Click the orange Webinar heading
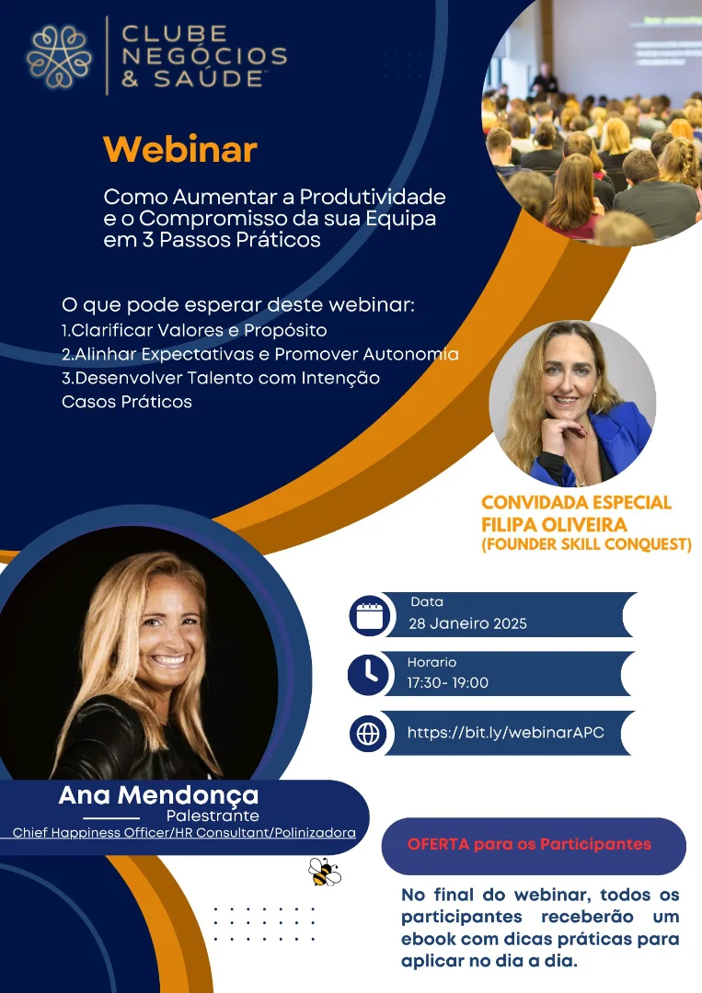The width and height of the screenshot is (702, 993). click(180, 150)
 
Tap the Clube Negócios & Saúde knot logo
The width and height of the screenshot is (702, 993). click(58, 56)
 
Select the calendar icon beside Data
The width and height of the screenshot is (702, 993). click(369, 615)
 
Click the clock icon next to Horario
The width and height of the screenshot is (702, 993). click(368, 674)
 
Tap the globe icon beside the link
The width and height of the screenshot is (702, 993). click(368, 734)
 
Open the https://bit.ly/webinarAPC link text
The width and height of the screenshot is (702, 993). click(506, 733)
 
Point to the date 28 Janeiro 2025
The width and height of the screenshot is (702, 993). click(467, 623)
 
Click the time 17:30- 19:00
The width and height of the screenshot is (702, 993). click(447, 682)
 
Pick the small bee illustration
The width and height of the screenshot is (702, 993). click(325, 872)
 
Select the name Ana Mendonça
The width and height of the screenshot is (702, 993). click(158, 794)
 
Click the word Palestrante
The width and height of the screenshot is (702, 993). click(213, 815)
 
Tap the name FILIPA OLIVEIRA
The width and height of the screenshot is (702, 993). click(555, 524)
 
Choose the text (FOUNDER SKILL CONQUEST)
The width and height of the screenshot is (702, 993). click(586, 544)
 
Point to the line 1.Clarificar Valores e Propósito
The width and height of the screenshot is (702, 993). click(194, 330)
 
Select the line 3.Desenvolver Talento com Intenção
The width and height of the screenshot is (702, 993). click(221, 378)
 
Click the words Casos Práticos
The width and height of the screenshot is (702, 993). click(127, 402)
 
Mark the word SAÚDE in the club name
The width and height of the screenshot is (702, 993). click(209, 78)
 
